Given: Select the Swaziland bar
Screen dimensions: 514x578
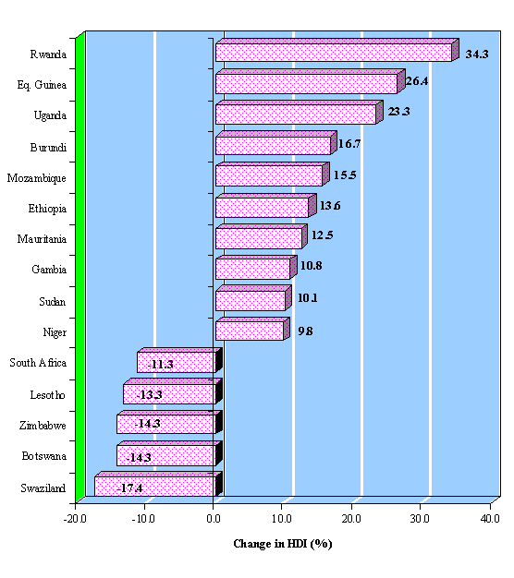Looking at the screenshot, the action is tap(158, 485).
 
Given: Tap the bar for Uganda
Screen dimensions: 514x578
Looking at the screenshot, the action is tap(300, 113).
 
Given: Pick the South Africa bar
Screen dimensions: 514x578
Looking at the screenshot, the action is tap(179, 360).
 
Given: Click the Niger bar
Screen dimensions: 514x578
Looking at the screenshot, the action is tap(252, 330).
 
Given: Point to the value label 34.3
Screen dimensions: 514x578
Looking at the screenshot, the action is tap(477, 54).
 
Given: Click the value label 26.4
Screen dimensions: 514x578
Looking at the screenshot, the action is tap(417, 81).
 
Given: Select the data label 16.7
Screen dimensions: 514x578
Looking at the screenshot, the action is tap(349, 143).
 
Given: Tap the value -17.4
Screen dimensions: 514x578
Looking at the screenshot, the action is tap(129, 488).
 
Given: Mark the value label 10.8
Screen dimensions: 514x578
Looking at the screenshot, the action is tap(311, 265).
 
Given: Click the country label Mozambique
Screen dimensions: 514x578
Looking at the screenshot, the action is tap(37, 178).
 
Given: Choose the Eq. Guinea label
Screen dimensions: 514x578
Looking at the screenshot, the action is tap(42, 85).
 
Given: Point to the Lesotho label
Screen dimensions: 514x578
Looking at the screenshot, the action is tap(47, 395).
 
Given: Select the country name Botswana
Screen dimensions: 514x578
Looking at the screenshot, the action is tap(43, 456).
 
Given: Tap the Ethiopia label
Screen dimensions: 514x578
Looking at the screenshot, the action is tap(47, 209).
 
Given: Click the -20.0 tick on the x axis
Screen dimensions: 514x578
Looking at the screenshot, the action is tap(75, 519).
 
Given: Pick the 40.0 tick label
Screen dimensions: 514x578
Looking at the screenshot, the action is tap(490, 519).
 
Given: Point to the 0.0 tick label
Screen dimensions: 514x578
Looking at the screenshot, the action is tap(214, 519).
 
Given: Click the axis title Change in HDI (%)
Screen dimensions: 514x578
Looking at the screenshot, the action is tap(283, 544).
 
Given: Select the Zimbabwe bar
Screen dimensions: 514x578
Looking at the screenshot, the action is tap(169, 422).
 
